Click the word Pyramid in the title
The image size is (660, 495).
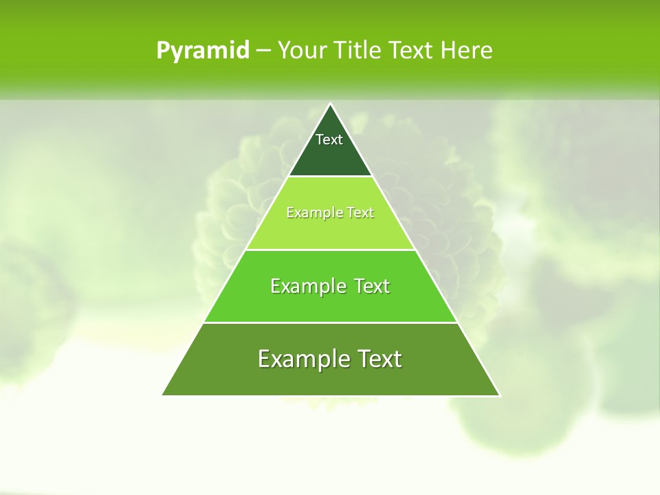click(x=203, y=50)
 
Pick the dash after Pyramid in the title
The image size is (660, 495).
click(x=263, y=51)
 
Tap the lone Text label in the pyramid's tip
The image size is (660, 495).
click(x=329, y=140)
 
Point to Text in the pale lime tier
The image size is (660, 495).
click(x=360, y=213)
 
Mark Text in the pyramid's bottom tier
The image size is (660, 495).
click(x=379, y=359)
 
